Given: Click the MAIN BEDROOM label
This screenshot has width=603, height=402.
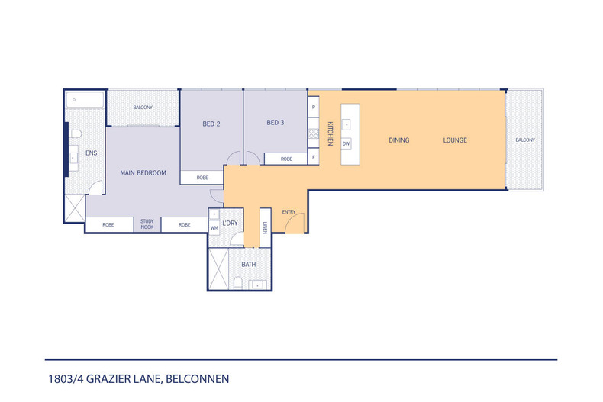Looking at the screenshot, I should click(143, 173).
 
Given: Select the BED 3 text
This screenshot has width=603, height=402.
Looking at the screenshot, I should click(276, 123).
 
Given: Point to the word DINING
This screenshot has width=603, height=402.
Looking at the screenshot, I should click(398, 140).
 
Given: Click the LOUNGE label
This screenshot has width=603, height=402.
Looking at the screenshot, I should click(455, 140).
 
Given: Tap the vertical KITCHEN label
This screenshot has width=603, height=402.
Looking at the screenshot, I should click(331, 133).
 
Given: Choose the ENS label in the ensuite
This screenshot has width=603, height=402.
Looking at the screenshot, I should click(91, 153).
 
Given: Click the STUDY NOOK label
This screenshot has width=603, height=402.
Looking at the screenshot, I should click(147, 225).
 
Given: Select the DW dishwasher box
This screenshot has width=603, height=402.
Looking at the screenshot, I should click(346, 143).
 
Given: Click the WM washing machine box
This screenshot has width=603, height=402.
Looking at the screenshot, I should click(214, 227).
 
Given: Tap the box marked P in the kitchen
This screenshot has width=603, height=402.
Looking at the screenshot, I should click(313, 108).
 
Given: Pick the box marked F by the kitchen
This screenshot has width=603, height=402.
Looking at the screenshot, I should click(313, 158).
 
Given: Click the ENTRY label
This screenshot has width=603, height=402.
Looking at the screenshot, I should click(289, 212).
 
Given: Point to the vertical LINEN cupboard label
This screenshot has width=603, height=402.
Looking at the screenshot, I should click(265, 227).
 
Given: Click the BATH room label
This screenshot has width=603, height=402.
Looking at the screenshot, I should click(248, 265).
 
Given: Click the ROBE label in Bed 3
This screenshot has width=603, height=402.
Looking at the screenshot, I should click(286, 159).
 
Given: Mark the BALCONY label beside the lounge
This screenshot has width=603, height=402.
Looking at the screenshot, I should click(524, 140).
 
